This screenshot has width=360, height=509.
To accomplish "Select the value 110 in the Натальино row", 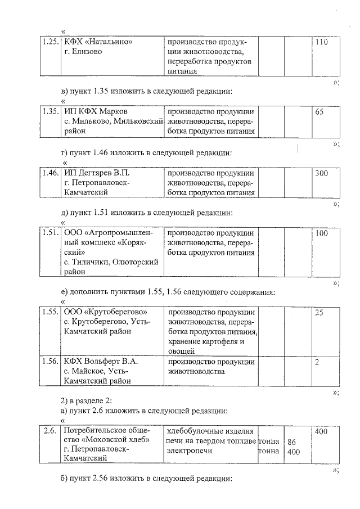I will click(321, 42).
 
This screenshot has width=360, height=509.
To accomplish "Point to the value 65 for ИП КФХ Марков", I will click(319, 111).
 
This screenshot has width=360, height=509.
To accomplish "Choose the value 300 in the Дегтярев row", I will click(321, 173).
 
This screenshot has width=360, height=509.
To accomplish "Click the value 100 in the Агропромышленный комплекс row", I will click(321, 233).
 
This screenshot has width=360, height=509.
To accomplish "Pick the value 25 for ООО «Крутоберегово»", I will click(319, 312).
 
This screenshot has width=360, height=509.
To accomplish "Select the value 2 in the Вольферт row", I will click(317, 361).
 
